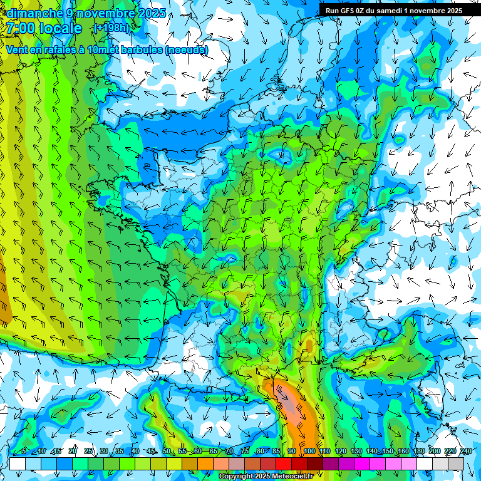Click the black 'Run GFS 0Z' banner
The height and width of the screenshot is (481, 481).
click(x=394, y=10)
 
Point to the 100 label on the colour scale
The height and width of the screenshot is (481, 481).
click(x=309, y=452)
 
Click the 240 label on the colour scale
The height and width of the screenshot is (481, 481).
click(x=465, y=452)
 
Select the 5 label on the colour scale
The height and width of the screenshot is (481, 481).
click(x=24, y=452)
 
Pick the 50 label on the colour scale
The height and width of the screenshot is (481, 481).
click(x=167, y=452)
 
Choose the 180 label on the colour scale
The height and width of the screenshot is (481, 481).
click(x=418, y=452)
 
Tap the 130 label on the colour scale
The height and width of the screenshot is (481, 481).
click(x=356, y=452)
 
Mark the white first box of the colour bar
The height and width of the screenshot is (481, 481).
click(x=18, y=463)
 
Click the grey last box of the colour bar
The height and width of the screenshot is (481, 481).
click(x=456, y=463)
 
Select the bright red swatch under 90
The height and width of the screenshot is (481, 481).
click(x=284, y=463)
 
